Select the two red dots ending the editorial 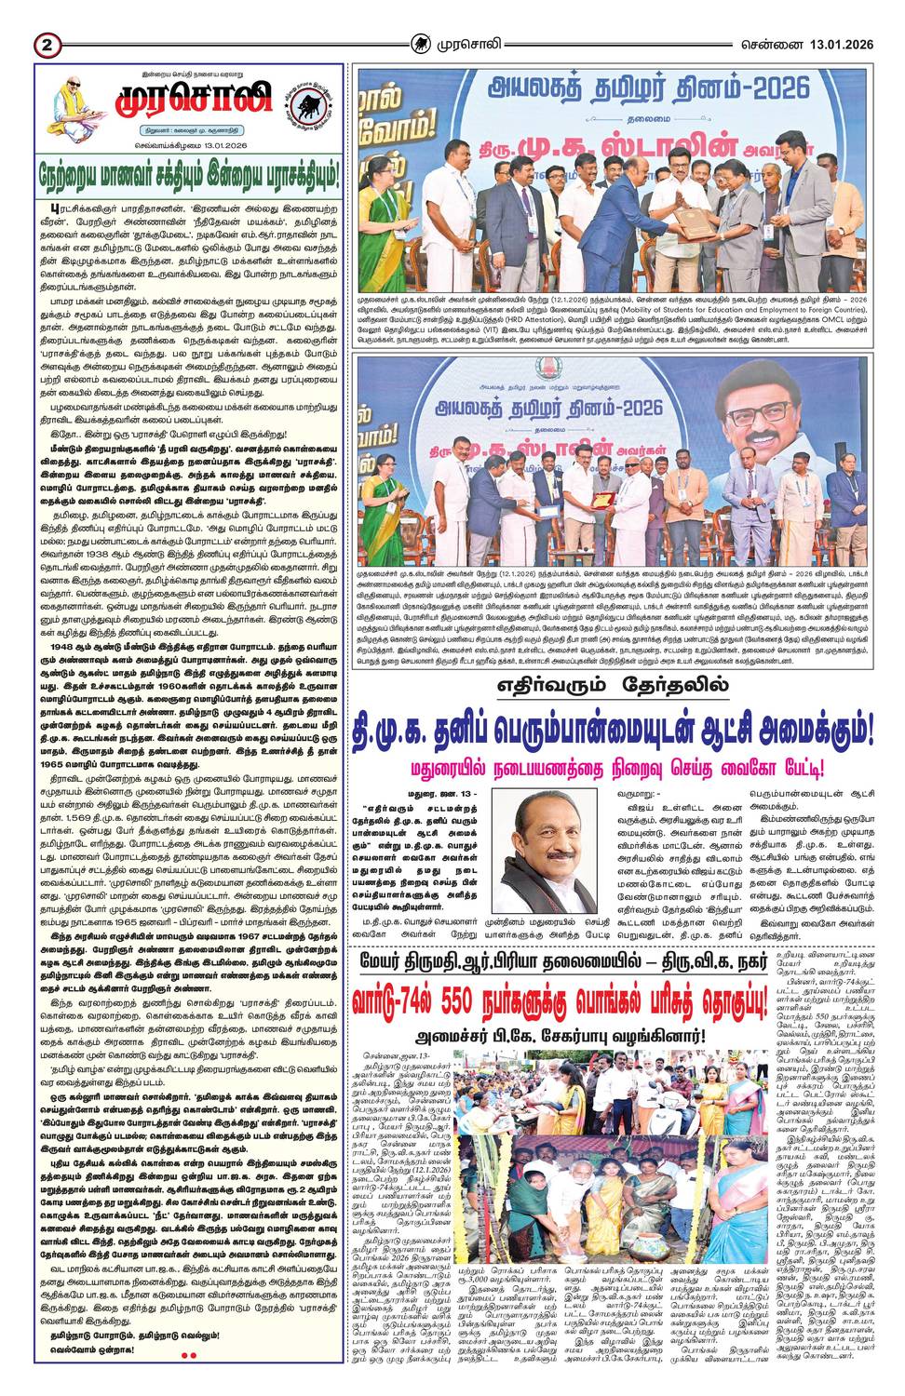(188, 1355)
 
